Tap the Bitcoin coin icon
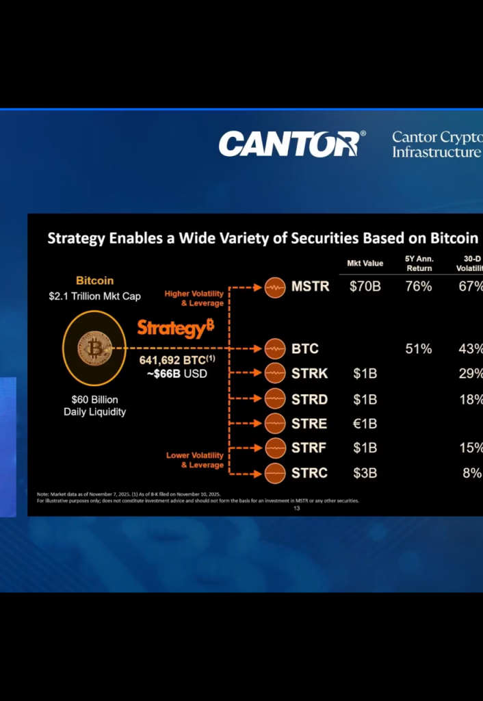pos(94,348)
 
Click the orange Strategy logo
pos(176,328)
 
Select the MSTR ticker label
pos(311,286)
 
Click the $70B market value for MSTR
pos(365,286)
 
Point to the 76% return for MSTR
pos(419,286)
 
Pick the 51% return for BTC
pos(419,348)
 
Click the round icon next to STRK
pos(274,374)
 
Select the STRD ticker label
pos(309,399)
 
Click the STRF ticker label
pos(309,448)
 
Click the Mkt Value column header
pos(365,264)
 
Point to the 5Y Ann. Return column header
pos(419,264)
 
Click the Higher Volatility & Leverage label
pos(194,298)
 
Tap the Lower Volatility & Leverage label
pos(195,460)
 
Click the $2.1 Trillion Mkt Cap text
pos(94,296)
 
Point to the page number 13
pos(296,508)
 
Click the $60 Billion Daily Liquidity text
pos(94,405)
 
